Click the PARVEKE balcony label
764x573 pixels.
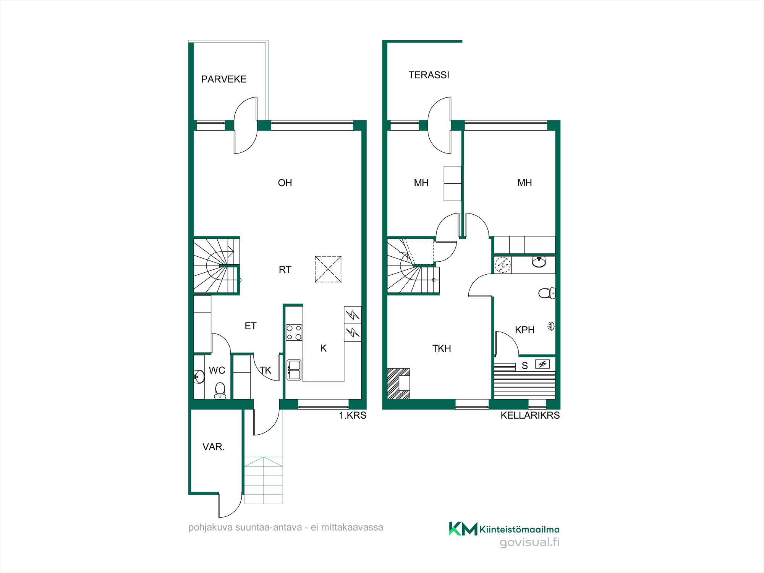(224, 79)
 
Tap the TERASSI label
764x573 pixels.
(429, 75)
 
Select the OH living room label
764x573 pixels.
(285, 183)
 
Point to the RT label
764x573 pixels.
(285, 270)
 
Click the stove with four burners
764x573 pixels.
(294, 332)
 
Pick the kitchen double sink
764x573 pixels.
(294, 370)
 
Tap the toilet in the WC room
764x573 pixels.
(220, 391)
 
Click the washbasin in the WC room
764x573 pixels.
(199, 377)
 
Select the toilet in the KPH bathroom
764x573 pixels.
(547, 293)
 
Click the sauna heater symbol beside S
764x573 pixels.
(542, 364)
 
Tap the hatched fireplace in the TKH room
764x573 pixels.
(399, 384)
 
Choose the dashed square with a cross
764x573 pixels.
(328, 269)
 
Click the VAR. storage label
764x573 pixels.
(214, 447)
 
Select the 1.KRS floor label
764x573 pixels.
(353, 416)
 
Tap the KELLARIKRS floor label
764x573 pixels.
(530, 416)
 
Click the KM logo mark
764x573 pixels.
(463, 529)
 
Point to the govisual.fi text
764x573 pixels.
(529, 542)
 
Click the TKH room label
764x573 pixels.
(442, 348)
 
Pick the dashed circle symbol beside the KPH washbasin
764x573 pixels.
(503, 265)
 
